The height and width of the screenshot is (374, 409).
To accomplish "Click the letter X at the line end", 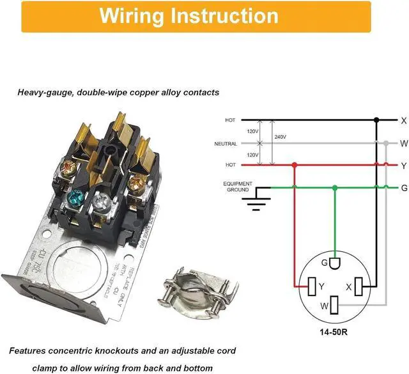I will pyautogui.click(x=403, y=120).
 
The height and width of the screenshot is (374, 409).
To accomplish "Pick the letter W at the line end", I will pyautogui.click(x=403, y=144).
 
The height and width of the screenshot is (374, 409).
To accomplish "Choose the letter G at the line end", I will pyautogui.click(x=403, y=187).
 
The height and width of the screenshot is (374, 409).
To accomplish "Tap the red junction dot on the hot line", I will pyautogui.click(x=295, y=165).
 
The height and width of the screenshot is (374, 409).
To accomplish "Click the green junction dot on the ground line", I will pyautogui.click(x=335, y=187).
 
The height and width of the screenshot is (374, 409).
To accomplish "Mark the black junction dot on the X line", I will pyautogui.click(x=376, y=120).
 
